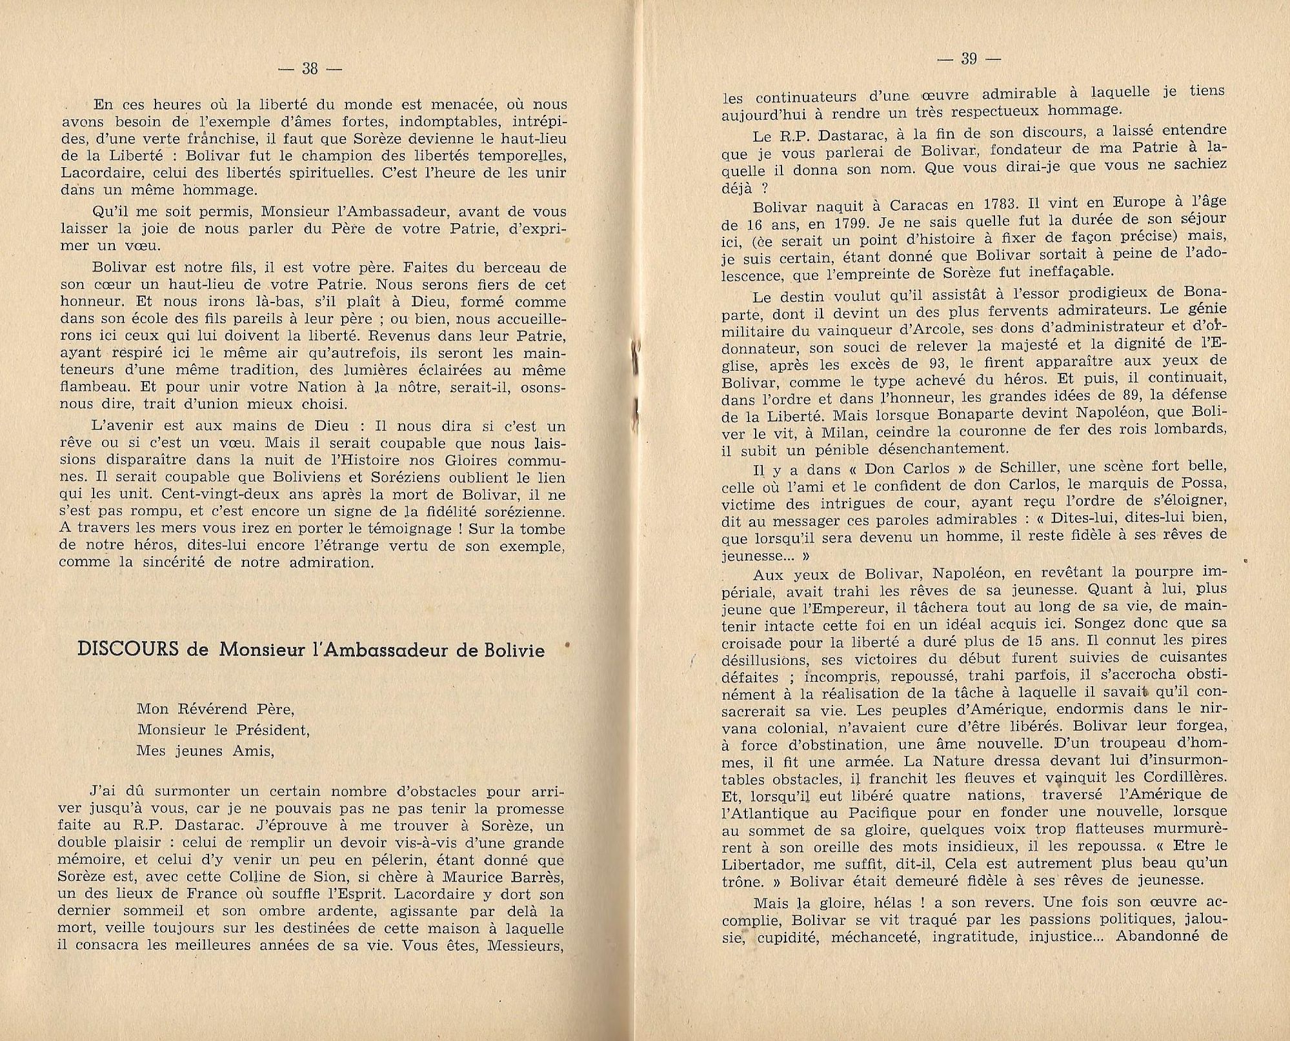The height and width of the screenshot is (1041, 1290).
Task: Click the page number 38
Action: (x=310, y=68)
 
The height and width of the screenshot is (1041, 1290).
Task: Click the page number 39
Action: (x=969, y=59)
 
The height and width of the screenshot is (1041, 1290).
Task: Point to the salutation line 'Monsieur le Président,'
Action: (x=223, y=730)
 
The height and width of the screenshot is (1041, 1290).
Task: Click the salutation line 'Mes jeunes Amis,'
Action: (x=205, y=751)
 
